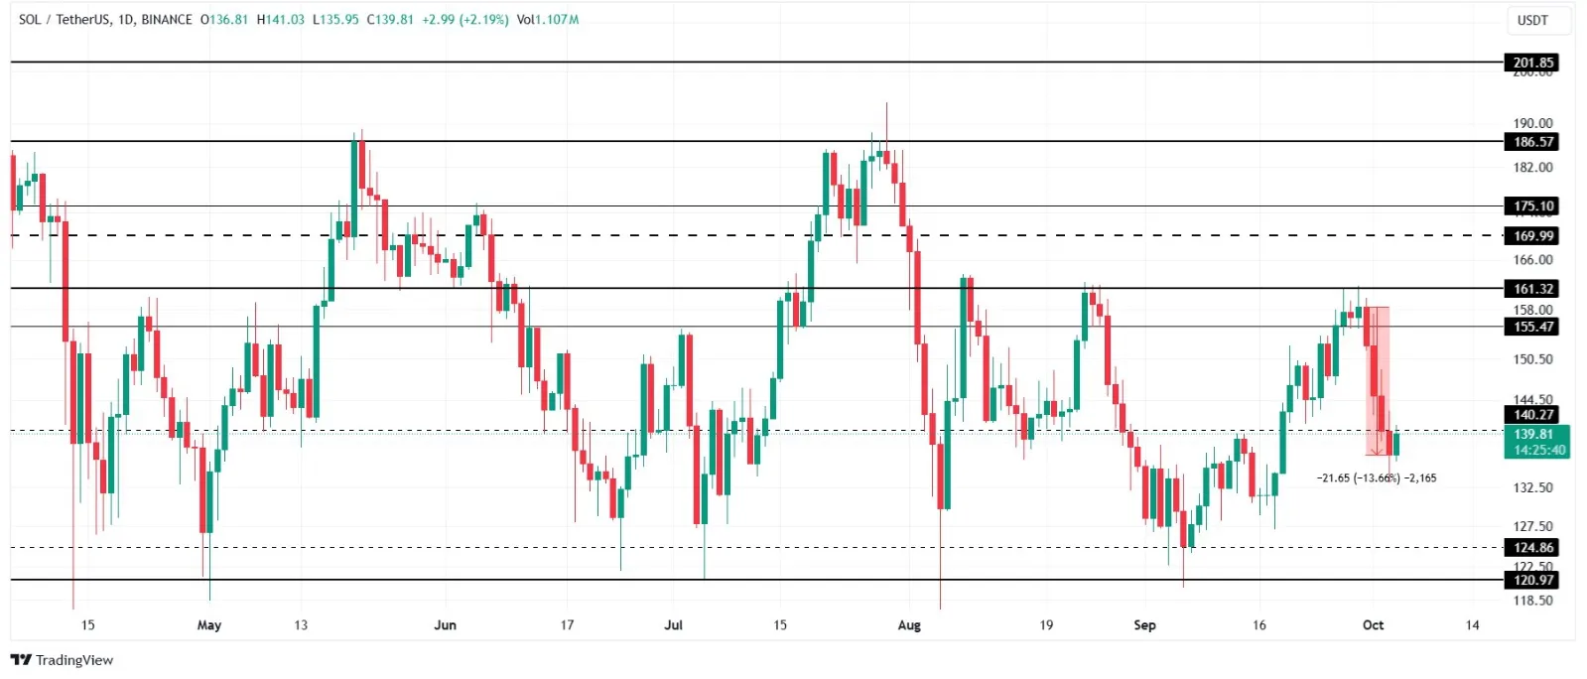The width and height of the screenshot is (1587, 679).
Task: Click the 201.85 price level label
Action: click(x=1532, y=63)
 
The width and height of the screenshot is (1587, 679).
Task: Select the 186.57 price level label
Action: click(x=1532, y=142)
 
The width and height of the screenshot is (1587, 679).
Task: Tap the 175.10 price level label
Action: click(x=1532, y=206)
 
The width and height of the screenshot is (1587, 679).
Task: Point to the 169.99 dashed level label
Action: click(x=1532, y=236)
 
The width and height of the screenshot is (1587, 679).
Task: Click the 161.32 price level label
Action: click(x=1532, y=289)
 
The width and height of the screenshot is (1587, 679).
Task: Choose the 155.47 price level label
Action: click(x=1532, y=327)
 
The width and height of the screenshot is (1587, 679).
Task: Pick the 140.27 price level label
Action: click(x=1532, y=415)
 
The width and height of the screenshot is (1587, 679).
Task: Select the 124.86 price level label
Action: click(x=1532, y=548)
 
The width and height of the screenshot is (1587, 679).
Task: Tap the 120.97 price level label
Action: click(x=1532, y=580)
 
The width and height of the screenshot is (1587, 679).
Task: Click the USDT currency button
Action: click(x=1532, y=20)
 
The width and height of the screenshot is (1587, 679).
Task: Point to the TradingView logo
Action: click(x=63, y=660)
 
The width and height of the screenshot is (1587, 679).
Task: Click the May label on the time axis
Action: click(x=209, y=625)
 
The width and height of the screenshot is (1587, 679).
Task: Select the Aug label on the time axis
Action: click(x=909, y=625)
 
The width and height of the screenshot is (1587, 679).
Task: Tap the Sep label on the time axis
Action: click(x=1144, y=625)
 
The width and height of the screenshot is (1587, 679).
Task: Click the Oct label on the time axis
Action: click(x=1373, y=625)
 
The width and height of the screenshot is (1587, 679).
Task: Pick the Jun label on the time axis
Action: click(x=446, y=625)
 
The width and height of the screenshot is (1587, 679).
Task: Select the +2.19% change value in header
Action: click(x=484, y=20)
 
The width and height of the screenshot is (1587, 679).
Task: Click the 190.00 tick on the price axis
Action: click(x=1532, y=123)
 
